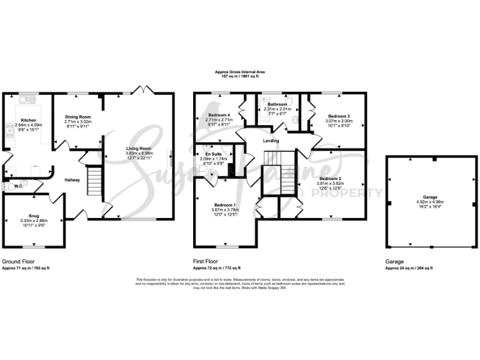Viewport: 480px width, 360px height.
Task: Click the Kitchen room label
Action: coord(29,119)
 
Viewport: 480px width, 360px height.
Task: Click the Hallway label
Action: coord(72,180)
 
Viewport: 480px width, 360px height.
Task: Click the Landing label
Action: coord(271,141)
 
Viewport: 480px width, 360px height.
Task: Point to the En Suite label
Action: coord(212,154)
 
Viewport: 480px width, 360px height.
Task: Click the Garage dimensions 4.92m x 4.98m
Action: coord(433,202)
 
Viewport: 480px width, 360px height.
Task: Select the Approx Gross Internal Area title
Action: coord(237,72)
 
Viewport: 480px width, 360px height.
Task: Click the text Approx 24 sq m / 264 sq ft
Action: coord(409,267)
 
